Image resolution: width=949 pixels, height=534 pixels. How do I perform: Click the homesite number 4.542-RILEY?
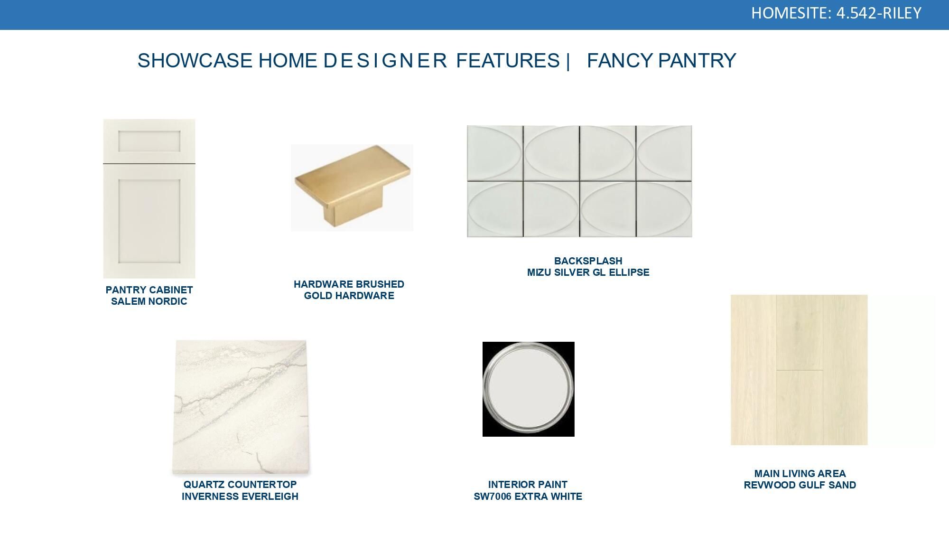878,13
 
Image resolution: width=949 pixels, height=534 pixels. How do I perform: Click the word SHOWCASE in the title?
195,61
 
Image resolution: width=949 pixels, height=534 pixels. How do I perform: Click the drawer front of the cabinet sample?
149,141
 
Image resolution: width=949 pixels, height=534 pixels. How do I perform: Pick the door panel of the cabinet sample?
149,221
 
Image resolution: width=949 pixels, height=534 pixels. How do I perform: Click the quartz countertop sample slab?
241,407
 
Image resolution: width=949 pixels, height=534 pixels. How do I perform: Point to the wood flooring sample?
799,370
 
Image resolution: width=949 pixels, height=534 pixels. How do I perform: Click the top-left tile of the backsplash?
495,153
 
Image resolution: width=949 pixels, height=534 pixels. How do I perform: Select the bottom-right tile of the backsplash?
664,209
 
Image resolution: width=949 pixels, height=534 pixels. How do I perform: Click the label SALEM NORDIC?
149,301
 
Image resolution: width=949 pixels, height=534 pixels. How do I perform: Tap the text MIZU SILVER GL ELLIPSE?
588,272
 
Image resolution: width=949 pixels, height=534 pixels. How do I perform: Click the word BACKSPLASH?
588,261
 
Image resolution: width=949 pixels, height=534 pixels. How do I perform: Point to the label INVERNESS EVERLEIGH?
240,497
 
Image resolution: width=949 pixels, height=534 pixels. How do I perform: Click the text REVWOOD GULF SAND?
800,485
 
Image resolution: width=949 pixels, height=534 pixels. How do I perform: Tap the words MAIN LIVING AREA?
800,474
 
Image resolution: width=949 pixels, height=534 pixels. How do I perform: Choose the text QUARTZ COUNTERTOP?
240,485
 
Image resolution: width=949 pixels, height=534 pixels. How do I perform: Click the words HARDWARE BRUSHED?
349,284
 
